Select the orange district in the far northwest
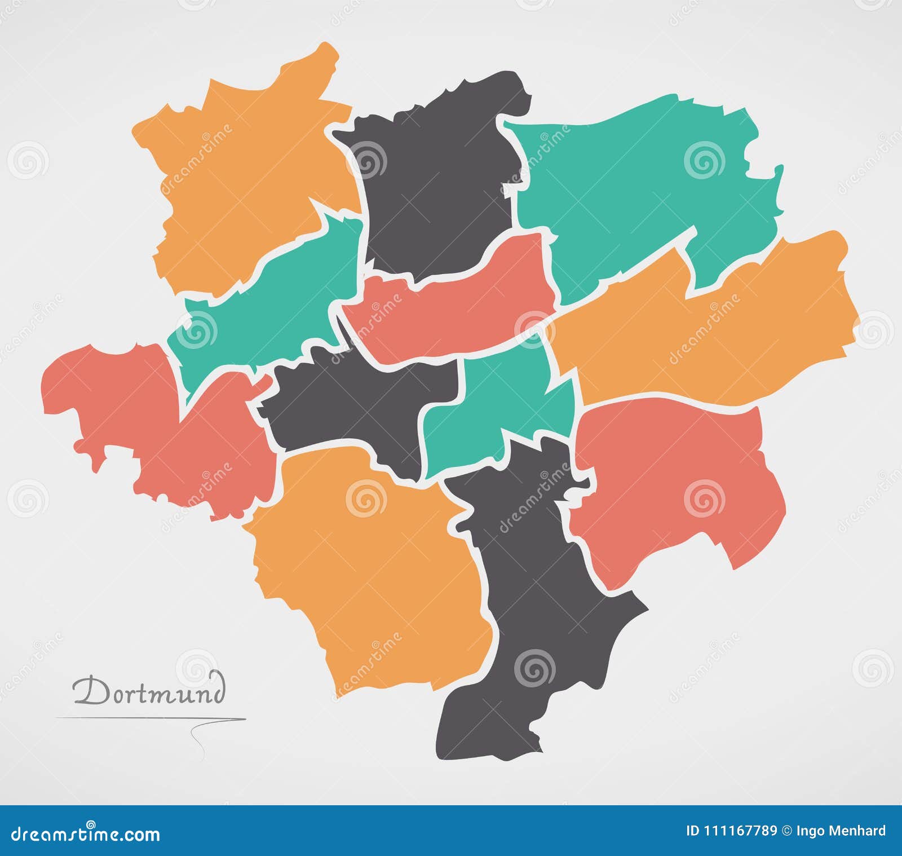point(242,180)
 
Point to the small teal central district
point(496,406)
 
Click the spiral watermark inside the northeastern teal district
point(704,161)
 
